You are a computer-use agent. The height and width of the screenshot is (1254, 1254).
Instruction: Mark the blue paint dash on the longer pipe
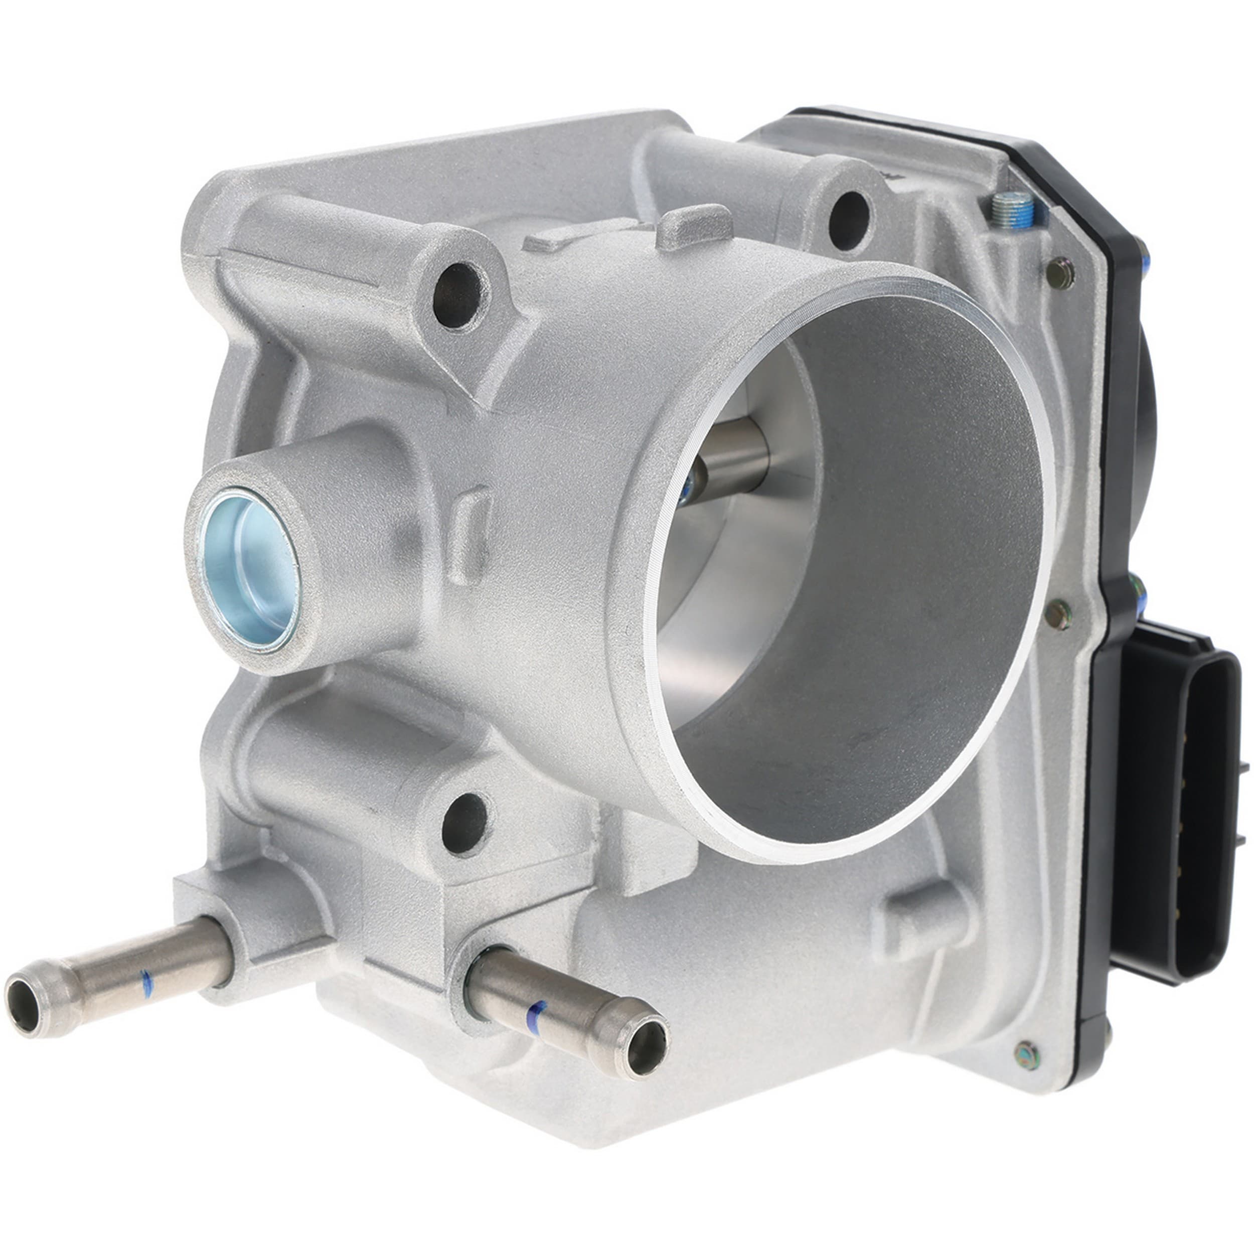146,985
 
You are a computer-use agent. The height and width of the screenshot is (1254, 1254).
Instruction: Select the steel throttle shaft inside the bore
733,459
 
